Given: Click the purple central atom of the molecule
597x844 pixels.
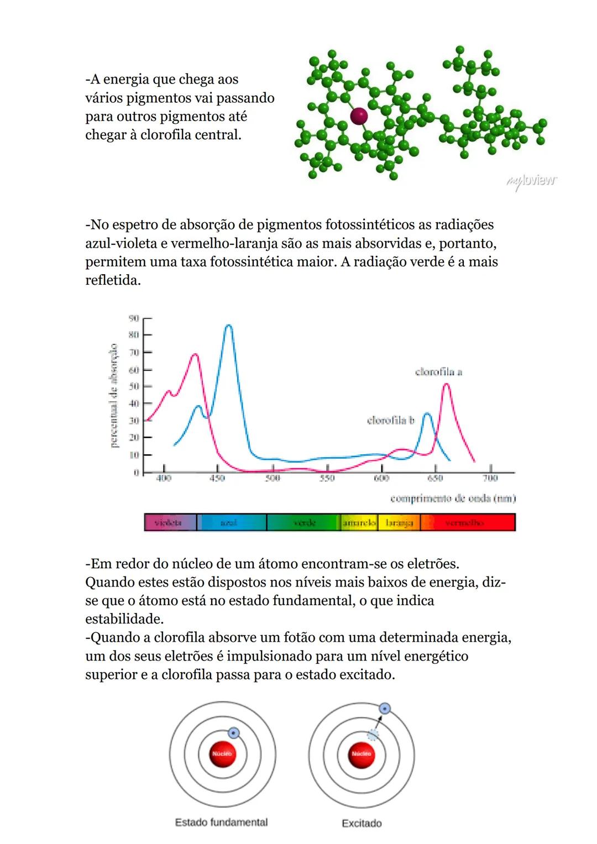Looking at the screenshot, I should pyautogui.click(x=359, y=116).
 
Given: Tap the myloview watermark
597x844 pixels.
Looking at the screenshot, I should pyautogui.click(x=531, y=181).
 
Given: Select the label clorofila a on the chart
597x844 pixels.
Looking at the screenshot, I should pyautogui.click(x=438, y=372).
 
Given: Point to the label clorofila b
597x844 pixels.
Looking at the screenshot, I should pyautogui.click(x=390, y=421).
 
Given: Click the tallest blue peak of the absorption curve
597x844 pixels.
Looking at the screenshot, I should pyautogui.click(x=229, y=326).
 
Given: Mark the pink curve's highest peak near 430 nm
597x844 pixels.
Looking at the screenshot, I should pyautogui.click(x=194, y=355).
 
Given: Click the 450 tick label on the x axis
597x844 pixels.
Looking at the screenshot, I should pyautogui.click(x=218, y=478).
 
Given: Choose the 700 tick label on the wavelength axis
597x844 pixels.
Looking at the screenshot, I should pyautogui.click(x=490, y=478).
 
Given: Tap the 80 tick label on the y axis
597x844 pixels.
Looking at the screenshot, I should pyautogui.click(x=133, y=334).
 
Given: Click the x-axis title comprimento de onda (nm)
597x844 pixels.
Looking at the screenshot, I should pyautogui.click(x=453, y=499).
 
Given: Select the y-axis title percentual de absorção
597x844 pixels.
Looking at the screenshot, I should pyautogui.click(x=113, y=396).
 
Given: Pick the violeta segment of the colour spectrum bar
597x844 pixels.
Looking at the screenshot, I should pyautogui.click(x=169, y=522).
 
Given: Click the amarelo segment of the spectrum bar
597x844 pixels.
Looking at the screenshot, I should pyautogui.click(x=359, y=522).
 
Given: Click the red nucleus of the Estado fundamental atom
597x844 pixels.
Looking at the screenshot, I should pyautogui.click(x=222, y=754).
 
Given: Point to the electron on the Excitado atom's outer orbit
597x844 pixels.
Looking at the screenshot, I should pyautogui.click(x=385, y=709).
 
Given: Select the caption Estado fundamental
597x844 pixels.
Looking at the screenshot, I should pyautogui.click(x=221, y=822).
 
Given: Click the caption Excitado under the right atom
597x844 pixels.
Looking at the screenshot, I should pyautogui.click(x=362, y=824).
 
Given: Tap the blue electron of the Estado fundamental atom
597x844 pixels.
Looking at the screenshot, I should pyautogui.click(x=234, y=733).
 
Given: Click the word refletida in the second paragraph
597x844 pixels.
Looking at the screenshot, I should pyautogui.click(x=112, y=281).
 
